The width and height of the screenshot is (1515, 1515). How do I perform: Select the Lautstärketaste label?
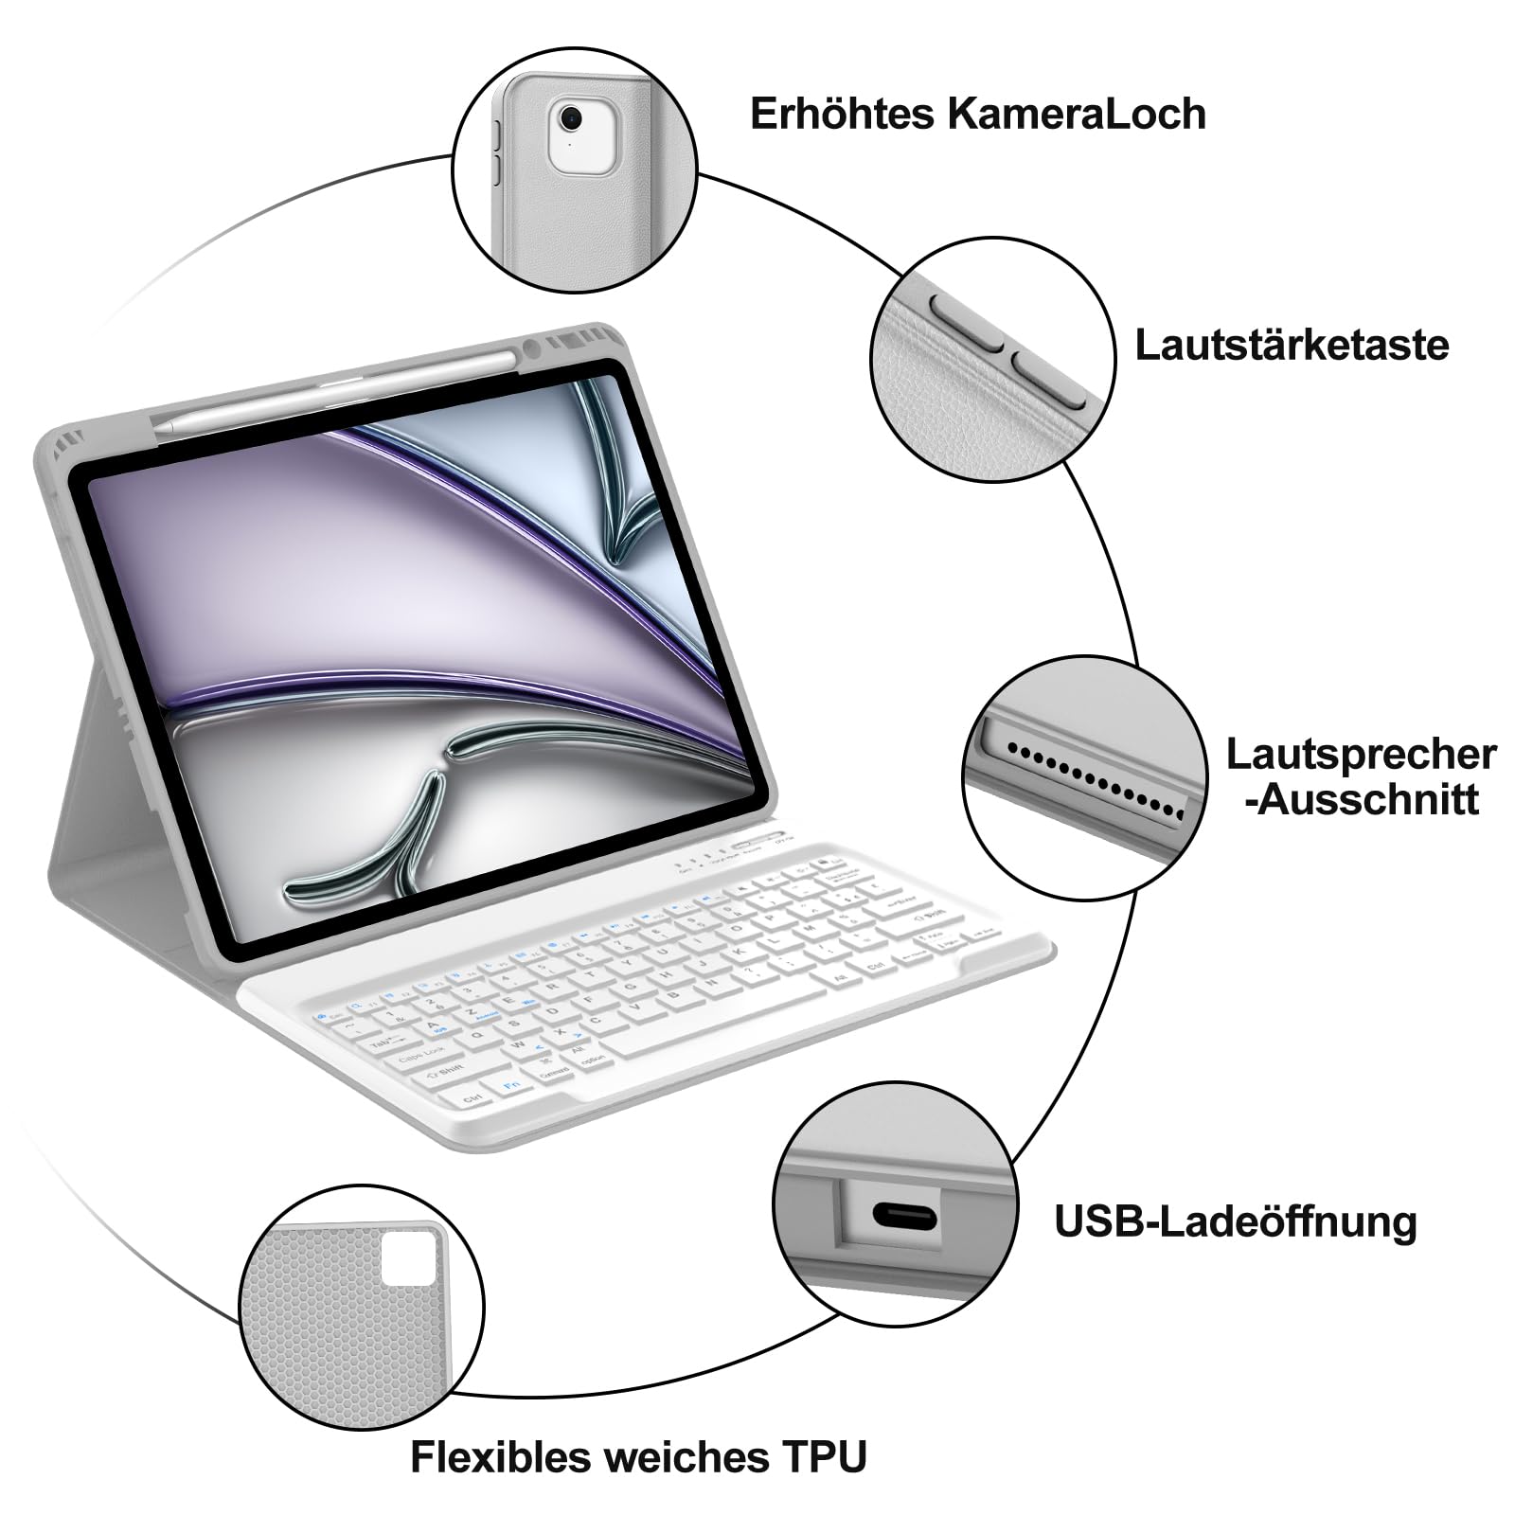click(1292, 345)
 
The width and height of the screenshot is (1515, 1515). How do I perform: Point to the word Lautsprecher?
click(1361, 755)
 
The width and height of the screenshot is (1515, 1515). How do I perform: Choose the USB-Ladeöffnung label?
click(1235, 1221)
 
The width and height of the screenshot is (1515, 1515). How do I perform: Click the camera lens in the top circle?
click(570, 118)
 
